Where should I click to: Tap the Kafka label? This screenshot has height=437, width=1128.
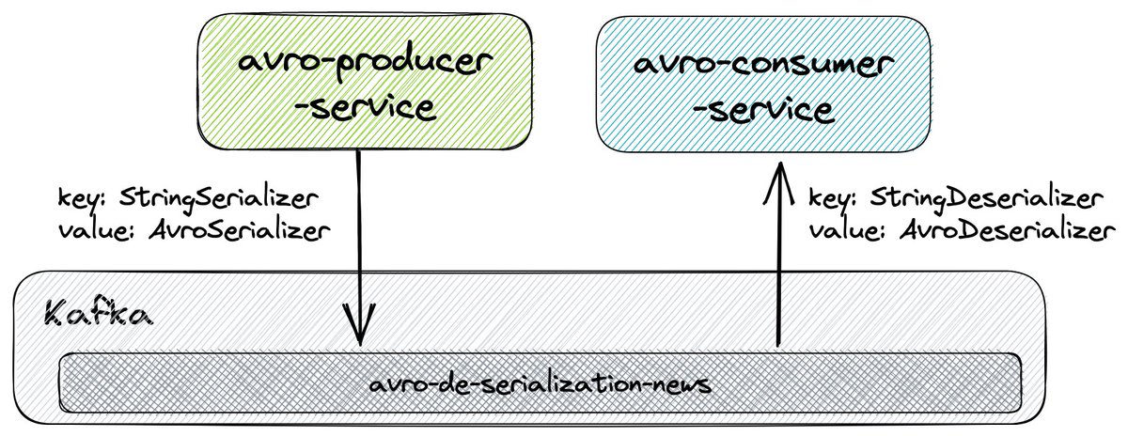tap(98, 314)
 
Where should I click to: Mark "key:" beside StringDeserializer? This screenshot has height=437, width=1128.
tap(833, 199)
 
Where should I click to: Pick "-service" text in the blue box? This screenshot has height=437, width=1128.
tap(762, 110)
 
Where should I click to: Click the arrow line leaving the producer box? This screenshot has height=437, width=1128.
tap(358, 235)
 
